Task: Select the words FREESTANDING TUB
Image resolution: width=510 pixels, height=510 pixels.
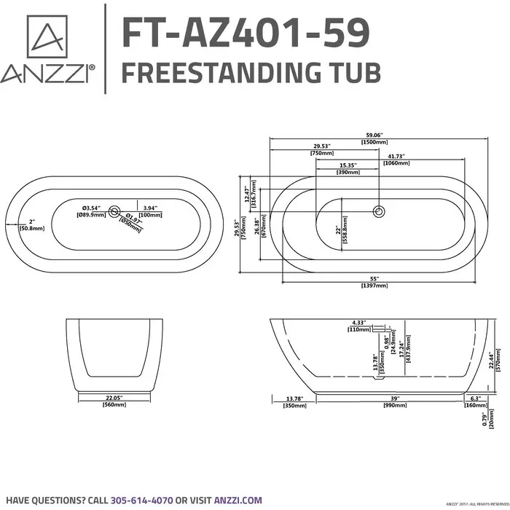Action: click(248, 73)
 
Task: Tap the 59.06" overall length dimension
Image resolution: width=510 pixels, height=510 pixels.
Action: click(374, 134)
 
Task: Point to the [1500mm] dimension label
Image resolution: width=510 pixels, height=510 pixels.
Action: click(374, 143)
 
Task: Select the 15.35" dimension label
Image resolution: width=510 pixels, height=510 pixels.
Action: click(348, 165)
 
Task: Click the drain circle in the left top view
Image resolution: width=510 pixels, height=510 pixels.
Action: click(114, 212)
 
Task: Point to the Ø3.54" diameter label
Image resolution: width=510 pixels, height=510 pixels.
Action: click(90, 208)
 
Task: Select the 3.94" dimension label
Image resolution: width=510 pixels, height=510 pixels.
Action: click(151, 208)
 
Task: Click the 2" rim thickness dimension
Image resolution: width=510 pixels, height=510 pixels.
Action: click(32, 221)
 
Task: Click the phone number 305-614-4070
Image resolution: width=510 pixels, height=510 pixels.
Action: click(141, 500)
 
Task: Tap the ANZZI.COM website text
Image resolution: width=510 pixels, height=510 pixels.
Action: click(238, 500)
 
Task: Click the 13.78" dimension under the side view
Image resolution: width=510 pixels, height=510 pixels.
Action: click(293, 398)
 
